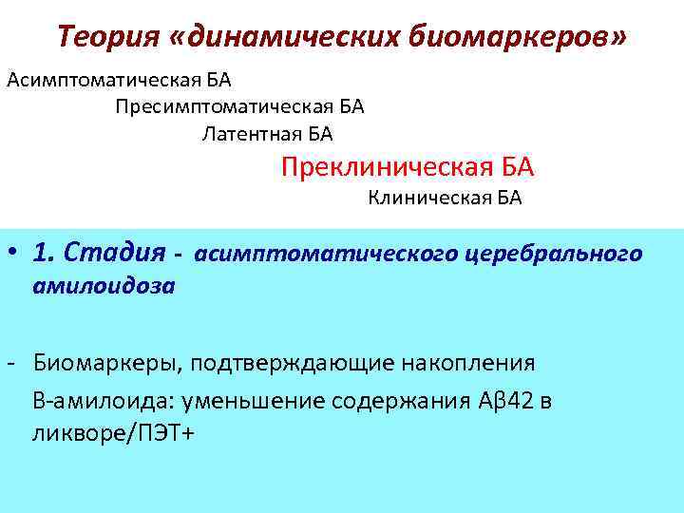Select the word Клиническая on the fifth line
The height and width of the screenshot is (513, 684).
(427, 198)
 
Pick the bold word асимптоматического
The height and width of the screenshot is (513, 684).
(329, 255)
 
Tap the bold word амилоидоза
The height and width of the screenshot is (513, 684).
(104, 286)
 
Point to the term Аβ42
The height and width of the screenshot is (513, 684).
(503, 400)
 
